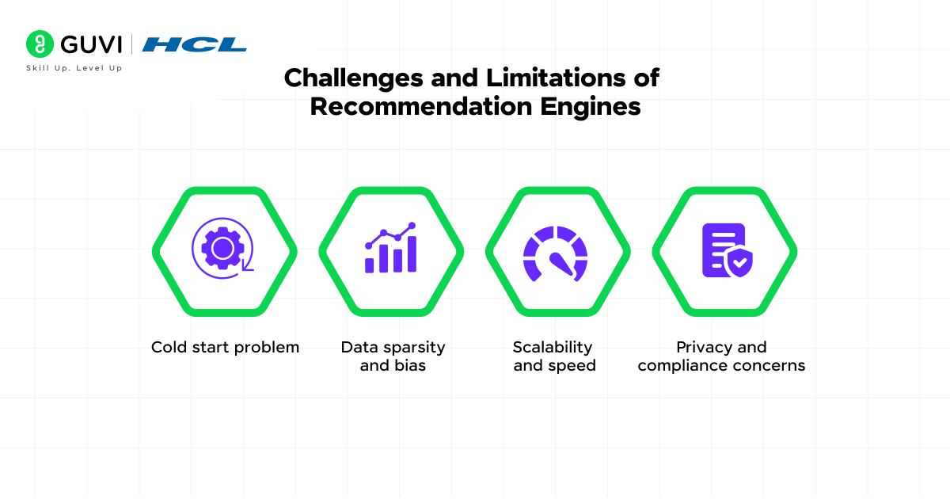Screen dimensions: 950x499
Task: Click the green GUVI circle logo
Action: (40, 44)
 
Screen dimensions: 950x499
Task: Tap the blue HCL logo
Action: (194, 44)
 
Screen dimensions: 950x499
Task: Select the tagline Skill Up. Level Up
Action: (74, 68)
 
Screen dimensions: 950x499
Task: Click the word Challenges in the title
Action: (354, 78)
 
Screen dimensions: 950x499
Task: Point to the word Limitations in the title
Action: (556, 78)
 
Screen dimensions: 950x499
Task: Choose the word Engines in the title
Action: (590, 107)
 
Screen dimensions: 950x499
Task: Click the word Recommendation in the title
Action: (420, 106)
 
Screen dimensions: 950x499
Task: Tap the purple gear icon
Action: (222, 248)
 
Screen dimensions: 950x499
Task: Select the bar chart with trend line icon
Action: (390, 247)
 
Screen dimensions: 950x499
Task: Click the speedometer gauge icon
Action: (555, 253)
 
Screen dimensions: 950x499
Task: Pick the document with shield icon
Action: (728, 250)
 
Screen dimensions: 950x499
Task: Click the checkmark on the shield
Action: (740, 263)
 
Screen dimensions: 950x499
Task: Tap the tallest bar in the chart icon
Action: (412, 253)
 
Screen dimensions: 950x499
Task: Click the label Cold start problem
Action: (225, 347)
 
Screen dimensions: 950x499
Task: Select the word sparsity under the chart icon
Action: (414, 348)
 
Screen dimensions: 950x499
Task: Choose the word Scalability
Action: (553, 348)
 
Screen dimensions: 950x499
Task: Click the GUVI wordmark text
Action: (91, 44)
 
